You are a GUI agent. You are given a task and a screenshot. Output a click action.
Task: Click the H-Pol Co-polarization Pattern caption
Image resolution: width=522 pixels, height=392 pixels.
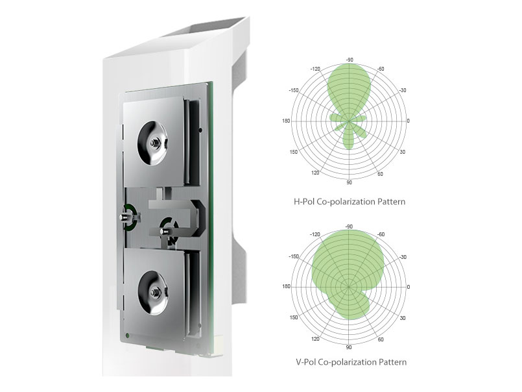click(350, 202)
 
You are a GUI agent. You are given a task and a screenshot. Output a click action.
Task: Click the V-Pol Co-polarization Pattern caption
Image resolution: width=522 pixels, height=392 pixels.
click(351, 362)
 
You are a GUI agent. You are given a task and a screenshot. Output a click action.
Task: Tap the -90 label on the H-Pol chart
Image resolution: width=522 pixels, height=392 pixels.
click(350, 60)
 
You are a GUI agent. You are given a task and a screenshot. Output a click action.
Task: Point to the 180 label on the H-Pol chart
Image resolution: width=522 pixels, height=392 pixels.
click(287, 121)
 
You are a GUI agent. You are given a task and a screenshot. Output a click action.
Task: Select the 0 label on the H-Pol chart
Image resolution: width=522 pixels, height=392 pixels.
click(409, 121)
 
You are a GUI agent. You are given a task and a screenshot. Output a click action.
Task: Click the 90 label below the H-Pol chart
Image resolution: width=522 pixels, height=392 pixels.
click(350, 182)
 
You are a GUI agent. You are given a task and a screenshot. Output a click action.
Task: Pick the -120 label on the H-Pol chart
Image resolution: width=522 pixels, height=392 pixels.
click(315, 69)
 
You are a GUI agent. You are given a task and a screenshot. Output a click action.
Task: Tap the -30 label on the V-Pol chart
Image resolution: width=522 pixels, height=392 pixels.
click(403, 258)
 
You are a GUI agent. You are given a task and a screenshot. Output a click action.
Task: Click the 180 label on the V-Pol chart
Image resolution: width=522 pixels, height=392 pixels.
click(287, 286)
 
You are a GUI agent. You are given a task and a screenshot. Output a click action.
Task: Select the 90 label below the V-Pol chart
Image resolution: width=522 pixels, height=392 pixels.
click(349, 347)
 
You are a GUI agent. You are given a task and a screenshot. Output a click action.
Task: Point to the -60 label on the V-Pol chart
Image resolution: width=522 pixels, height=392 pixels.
click(380, 234)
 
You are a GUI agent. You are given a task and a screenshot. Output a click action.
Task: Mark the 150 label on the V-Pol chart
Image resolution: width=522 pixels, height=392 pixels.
click(294, 317)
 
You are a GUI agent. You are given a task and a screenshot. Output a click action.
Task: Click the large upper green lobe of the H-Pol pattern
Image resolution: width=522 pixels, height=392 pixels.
click(349, 88)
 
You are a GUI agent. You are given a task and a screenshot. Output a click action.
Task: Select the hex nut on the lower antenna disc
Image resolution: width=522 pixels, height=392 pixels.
click(154, 293)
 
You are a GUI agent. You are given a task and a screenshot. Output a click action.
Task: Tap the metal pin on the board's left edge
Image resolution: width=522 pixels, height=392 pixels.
click(125, 217)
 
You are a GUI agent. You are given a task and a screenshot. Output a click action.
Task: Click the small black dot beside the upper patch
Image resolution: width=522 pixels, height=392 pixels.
click(200, 130)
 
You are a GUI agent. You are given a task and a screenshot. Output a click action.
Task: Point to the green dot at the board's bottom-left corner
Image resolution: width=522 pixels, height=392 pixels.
click(127, 336)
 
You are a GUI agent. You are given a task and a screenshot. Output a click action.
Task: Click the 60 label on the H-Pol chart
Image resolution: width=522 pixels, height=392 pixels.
click(380, 174)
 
